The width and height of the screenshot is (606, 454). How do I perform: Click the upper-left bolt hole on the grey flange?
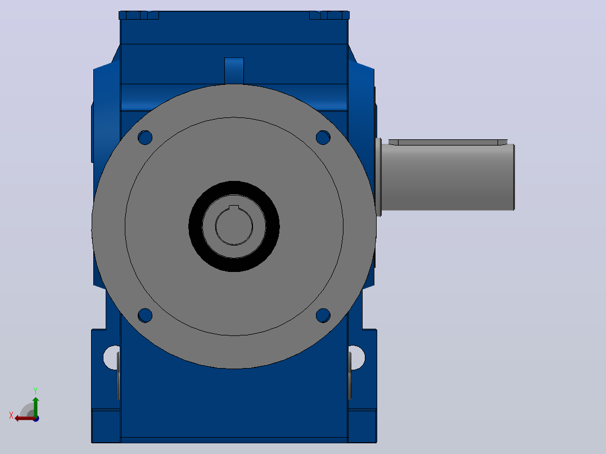pyautogui.click(x=145, y=138)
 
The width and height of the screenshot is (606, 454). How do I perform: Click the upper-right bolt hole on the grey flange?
pyautogui.click(x=323, y=138)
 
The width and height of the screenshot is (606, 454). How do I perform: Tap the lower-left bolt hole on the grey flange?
pyautogui.click(x=145, y=315)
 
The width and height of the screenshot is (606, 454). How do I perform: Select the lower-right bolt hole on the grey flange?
pyautogui.click(x=323, y=315)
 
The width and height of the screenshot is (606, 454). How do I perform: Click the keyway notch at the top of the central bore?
pyautogui.click(x=234, y=207)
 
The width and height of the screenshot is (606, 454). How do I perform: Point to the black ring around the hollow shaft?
pyautogui.click(x=234, y=185)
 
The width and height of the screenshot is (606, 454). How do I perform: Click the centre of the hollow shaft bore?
pyautogui.click(x=234, y=226)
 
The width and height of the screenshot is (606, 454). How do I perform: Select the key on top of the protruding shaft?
pyautogui.click(x=448, y=142)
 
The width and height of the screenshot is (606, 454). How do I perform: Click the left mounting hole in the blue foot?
pyautogui.click(x=111, y=357)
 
